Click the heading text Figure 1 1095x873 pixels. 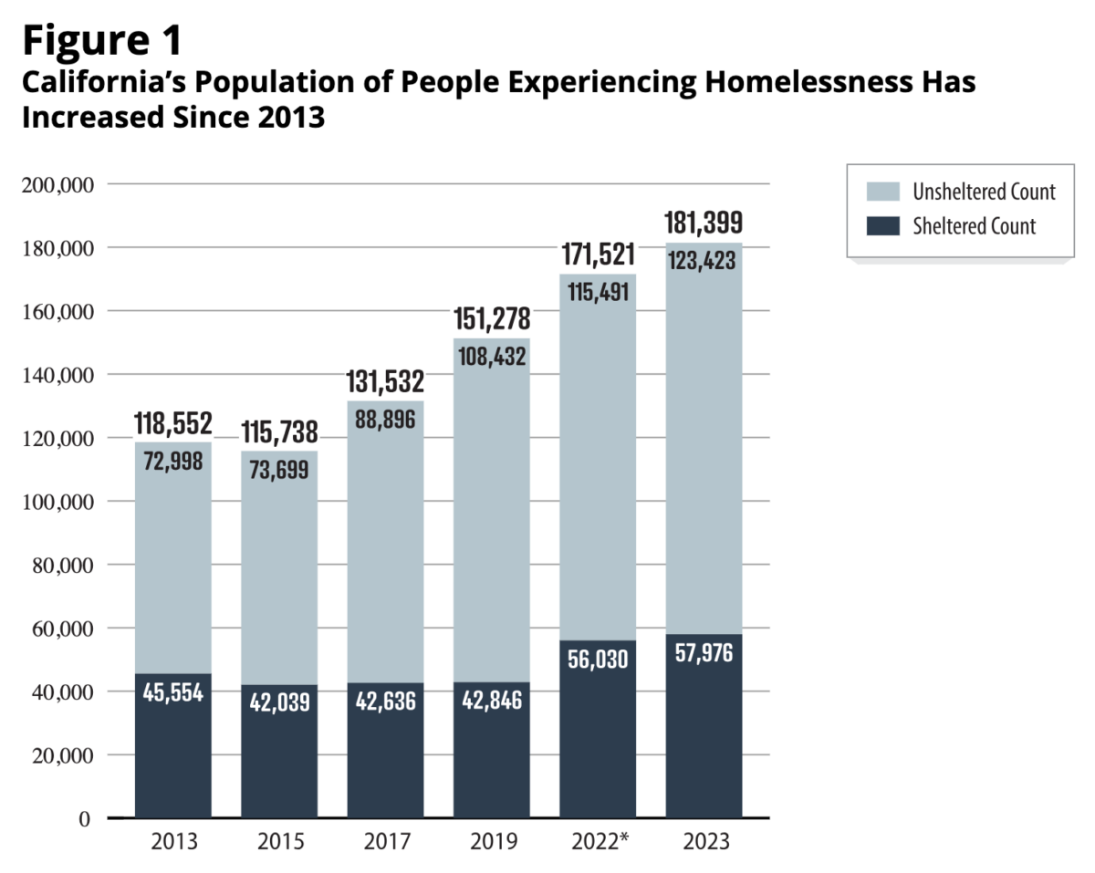pyautogui.click(x=102, y=41)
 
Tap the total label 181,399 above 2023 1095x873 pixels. pyautogui.click(x=704, y=223)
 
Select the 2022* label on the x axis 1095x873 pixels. pyautogui.click(x=600, y=841)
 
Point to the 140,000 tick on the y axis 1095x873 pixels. pyautogui.click(x=57, y=376)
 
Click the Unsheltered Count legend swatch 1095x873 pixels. pyautogui.click(x=882, y=192)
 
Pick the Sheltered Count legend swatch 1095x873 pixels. pyautogui.click(x=882, y=226)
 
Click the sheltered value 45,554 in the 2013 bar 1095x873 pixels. pyautogui.click(x=173, y=692)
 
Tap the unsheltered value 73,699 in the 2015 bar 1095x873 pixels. pyautogui.click(x=279, y=470)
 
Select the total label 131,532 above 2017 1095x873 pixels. pyautogui.click(x=385, y=381)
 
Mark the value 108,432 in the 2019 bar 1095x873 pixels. pyautogui.click(x=492, y=356)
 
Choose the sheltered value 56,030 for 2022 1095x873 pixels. pyautogui.click(x=598, y=660)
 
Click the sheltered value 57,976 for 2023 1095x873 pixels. pyautogui.click(x=704, y=653)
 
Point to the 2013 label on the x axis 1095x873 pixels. pyautogui.click(x=174, y=841)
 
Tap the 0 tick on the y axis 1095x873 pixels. pyautogui.click(x=85, y=819)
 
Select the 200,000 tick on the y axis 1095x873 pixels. pyautogui.click(x=57, y=185)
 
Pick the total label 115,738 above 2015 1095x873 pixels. pyautogui.click(x=279, y=432)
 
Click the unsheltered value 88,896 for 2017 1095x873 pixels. pyautogui.click(x=385, y=420)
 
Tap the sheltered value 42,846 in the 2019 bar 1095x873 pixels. pyautogui.click(x=492, y=700)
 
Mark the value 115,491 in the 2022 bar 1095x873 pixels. pyautogui.click(x=598, y=292)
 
